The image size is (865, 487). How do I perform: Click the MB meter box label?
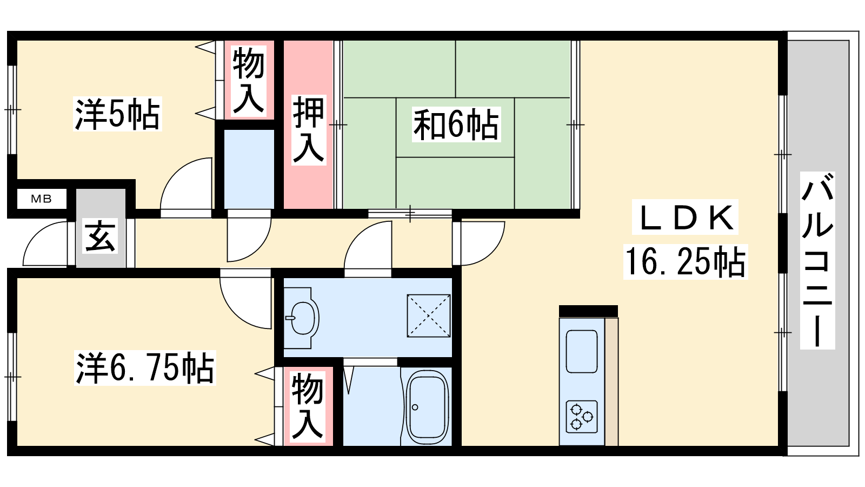pyautogui.click(x=41, y=199)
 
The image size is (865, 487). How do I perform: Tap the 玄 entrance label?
pyautogui.click(x=100, y=236)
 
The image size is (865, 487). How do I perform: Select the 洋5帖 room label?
pyautogui.click(x=117, y=114)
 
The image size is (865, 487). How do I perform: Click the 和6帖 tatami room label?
pyautogui.click(x=456, y=125)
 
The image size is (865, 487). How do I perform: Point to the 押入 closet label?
pyautogui.click(x=309, y=130)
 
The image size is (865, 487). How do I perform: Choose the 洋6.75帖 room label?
pyautogui.click(x=145, y=368)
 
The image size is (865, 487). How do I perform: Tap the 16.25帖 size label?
pyautogui.click(x=686, y=262)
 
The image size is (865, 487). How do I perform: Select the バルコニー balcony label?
pyautogui.click(x=817, y=260)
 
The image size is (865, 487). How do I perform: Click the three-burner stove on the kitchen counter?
pyautogui.click(x=582, y=417)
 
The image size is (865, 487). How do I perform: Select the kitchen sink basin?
pyautogui.click(x=582, y=351)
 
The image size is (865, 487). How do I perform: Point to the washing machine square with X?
pyautogui.click(x=429, y=316)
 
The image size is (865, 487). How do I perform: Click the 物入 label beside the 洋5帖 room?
pyautogui.click(x=249, y=81)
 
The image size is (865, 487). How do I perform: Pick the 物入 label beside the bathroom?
pyautogui.click(x=308, y=406)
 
